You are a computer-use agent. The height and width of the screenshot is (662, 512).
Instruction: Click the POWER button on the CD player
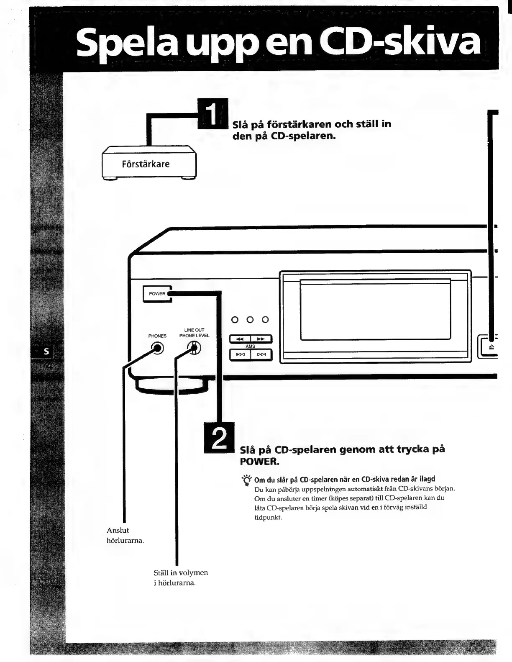[157, 294]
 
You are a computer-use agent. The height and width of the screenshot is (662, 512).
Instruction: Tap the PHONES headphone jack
[157, 348]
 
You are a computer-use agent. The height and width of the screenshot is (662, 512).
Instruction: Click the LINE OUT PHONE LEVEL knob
[195, 348]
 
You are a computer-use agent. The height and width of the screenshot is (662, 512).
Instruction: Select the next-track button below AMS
[261, 355]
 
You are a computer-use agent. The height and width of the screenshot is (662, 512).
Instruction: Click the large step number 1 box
[212, 112]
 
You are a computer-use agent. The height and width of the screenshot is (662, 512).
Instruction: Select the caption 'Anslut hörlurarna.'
[125, 535]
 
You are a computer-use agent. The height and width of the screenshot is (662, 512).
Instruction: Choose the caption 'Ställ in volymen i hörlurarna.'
[180, 577]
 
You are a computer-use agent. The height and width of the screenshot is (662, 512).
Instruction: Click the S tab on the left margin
[46, 352]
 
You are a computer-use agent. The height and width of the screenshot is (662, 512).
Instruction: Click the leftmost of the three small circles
[235, 320]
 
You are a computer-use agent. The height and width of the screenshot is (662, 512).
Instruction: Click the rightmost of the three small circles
[265, 320]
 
